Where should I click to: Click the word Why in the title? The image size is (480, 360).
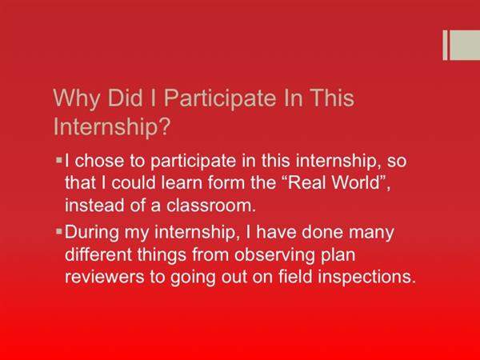click(x=77, y=98)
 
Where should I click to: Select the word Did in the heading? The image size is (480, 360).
click(x=126, y=98)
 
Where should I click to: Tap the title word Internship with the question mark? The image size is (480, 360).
click(x=112, y=126)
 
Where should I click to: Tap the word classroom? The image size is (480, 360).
click(x=211, y=205)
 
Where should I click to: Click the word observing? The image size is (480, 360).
click(x=274, y=255)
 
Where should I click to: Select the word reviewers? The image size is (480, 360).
click(x=104, y=277)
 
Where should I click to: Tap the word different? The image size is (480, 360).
click(x=98, y=254)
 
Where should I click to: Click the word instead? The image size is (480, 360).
click(x=94, y=205)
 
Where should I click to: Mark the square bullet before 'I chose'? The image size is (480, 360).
click(x=59, y=160)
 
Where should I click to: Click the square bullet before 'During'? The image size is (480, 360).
click(x=59, y=231)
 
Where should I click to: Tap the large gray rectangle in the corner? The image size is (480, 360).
click(x=465, y=45)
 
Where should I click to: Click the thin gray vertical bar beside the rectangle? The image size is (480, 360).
click(x=445, y=45)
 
